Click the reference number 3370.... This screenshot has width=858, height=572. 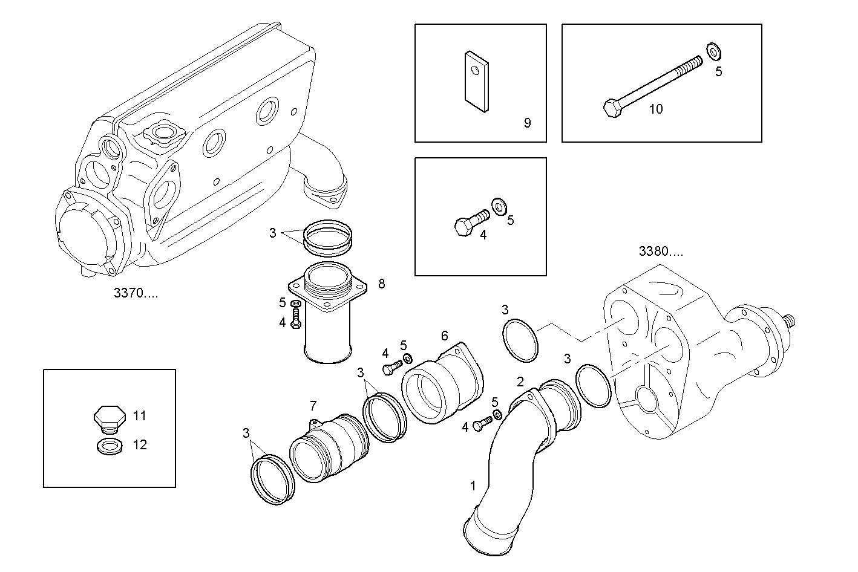point(136,294)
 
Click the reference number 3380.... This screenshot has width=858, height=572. point(661,252)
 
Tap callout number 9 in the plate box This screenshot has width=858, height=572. point(527,123)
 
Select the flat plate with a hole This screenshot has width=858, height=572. point(477,82)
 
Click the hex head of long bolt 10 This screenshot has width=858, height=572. point(611,109)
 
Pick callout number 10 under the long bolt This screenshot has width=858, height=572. point(656,109)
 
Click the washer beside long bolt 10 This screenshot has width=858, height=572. point(713,52)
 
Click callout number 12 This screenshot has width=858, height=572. point(140,445)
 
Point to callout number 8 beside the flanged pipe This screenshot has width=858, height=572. point(381,284)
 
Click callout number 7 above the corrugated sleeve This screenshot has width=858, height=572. point(313,405)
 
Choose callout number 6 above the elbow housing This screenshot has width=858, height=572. point(445,336)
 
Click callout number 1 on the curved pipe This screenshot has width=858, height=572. point(473,485)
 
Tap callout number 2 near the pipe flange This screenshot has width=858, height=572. point(520,381)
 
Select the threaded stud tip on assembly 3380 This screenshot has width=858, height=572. point(790,320)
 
